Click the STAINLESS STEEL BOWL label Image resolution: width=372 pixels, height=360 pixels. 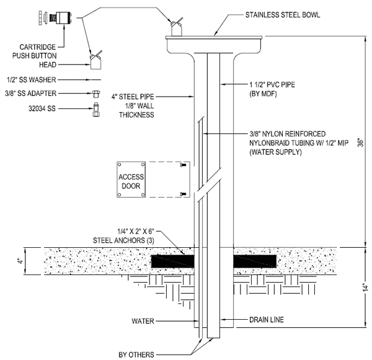pos(283,15)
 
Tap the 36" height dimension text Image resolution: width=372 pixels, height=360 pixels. pos(361,142)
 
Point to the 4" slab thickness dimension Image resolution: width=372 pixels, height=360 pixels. pos(20,261)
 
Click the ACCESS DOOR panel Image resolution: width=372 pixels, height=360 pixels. pos(131,180)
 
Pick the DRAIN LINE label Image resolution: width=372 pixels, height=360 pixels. pos(267,320)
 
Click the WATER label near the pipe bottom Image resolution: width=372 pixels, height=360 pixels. pos(143,321)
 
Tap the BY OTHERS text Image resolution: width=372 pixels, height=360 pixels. pos(136,354)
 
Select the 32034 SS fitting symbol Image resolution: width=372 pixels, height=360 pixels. pos(96,109)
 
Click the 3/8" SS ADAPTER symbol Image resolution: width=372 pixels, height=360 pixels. pos(96,94)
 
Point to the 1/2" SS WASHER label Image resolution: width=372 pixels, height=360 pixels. pos(32,80)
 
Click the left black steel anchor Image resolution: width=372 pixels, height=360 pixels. pos(173,261)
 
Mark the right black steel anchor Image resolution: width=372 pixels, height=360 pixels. pos(255,261)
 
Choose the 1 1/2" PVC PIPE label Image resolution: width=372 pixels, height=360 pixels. pos(272,85)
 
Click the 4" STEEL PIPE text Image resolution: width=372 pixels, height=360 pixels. pos(133,97)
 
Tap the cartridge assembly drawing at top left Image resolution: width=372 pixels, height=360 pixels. pos(56,18)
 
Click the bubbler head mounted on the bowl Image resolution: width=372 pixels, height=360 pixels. pos(177,28)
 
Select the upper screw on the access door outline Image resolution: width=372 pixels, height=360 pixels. pos(183,165)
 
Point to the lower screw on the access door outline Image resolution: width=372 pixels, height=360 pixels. pos(183,194)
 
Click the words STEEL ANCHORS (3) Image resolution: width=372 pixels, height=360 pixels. pos(123,240)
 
